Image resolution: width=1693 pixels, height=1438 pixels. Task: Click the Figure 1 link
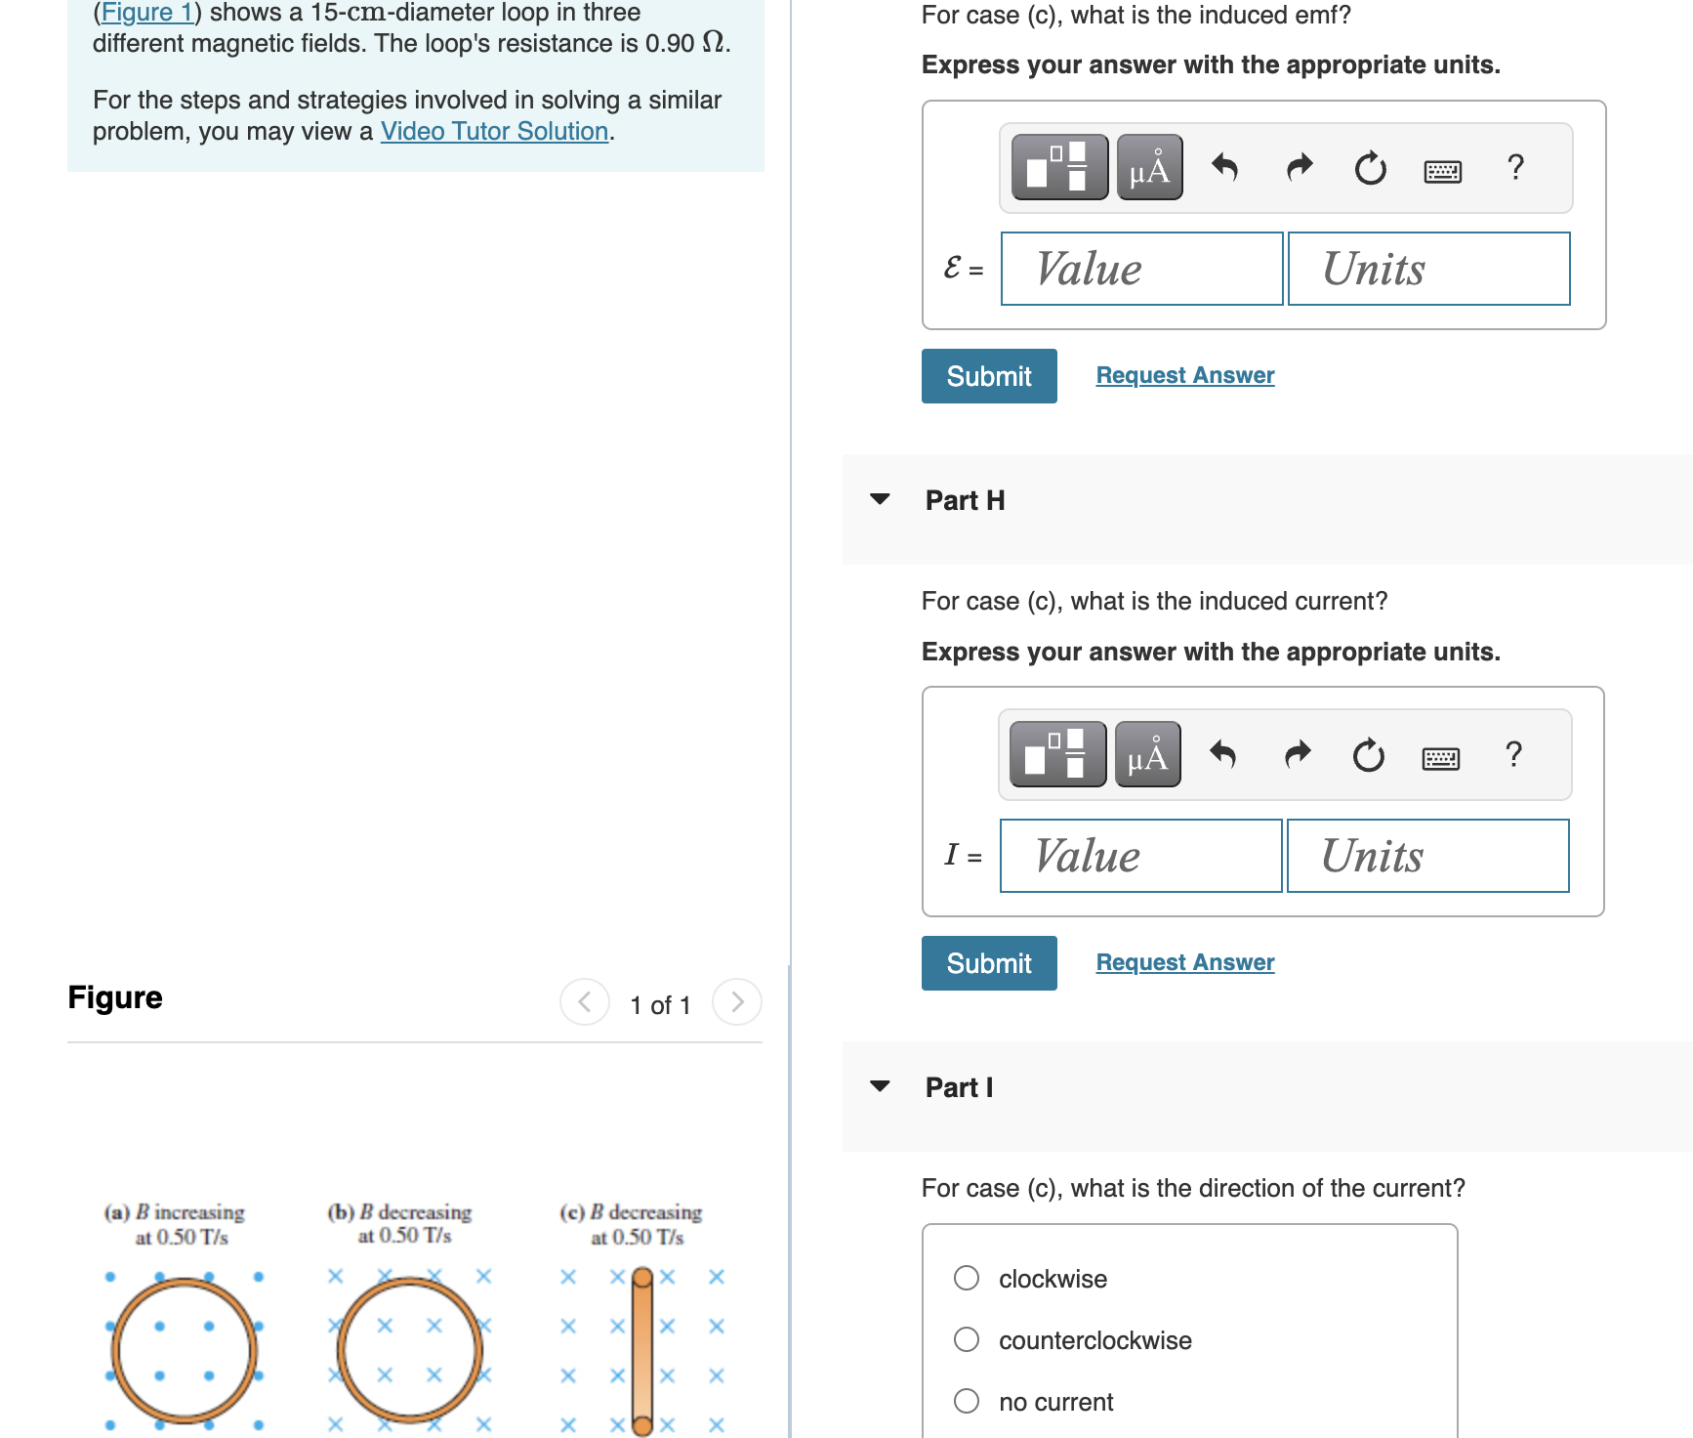coord(147,13)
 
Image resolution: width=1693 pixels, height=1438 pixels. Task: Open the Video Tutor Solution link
coord(494,131)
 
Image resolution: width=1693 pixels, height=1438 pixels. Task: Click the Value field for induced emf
coord(1141,269)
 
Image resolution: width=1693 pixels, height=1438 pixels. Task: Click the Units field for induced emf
coord(1428,269)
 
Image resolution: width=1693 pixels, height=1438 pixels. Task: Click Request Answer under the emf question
coord(1184,375)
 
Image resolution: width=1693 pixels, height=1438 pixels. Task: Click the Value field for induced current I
coord(1140,856)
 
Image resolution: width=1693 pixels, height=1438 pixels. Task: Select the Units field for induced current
coord(1427,856)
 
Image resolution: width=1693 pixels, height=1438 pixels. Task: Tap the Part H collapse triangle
coord(880,499)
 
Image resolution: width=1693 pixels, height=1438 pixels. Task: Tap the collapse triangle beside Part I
coord(880,1086)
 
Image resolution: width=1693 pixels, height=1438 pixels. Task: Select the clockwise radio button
coord(967,1278)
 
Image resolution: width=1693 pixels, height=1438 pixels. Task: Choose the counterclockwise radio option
coord(967,1339)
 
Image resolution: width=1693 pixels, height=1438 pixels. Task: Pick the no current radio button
coord(967,1401)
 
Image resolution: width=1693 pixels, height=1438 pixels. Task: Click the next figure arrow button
coord(737,1002)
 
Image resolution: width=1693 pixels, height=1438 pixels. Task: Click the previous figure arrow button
coord(585,1002)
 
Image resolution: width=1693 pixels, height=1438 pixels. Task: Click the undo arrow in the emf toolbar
coord(1224,168)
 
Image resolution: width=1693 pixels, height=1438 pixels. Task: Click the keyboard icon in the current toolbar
coord(1440,758)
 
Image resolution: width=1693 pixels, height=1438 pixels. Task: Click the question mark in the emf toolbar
coord(1515,167)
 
